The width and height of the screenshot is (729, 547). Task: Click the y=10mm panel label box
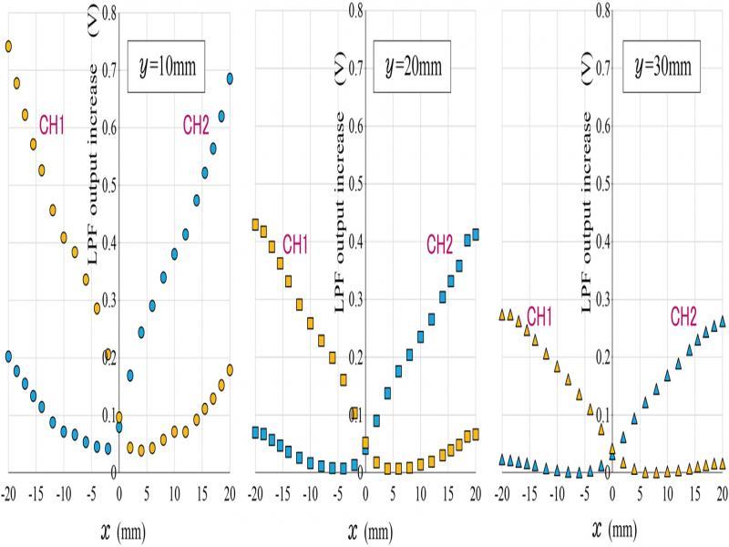[164, 66]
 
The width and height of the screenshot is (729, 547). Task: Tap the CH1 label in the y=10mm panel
[52, 125]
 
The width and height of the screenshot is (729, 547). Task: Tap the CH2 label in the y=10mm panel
[196, 125]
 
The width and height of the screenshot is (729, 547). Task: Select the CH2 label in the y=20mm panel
[439, 243]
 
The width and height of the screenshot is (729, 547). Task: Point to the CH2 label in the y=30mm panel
[683, 316]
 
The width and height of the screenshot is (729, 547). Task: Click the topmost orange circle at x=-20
[8, 46]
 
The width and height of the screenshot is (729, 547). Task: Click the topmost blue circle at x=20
[231, 78]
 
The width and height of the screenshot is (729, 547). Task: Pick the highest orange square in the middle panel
[256, 224]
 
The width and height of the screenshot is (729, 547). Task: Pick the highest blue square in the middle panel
[475, 234]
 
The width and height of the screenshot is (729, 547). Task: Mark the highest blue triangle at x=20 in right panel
[722, 321]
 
